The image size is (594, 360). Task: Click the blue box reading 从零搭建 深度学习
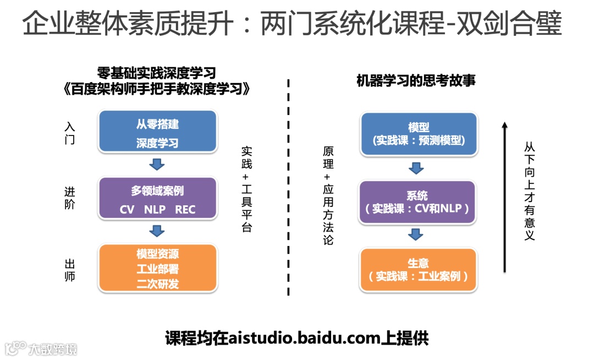[157, 132]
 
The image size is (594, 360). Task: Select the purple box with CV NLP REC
[157, 199]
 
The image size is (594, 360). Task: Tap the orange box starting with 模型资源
[157, 269]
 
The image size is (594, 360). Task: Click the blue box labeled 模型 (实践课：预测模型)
[419, 134]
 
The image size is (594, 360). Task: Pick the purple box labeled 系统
[417, 202]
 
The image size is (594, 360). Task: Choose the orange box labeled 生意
[417, 270]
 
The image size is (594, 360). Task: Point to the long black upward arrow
[504, 198]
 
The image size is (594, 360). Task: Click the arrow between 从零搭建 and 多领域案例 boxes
[157, 163]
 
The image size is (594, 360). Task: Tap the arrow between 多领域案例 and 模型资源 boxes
[157, 231]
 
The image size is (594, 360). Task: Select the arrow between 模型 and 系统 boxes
[416, 167]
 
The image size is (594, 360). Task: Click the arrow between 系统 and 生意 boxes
[416, 235]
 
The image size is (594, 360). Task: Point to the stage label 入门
[69, 133]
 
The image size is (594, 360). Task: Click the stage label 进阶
[69, 198]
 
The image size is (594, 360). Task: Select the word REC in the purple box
[185, 210]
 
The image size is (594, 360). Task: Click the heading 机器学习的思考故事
[416, 81]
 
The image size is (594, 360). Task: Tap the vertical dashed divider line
[289, 187]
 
